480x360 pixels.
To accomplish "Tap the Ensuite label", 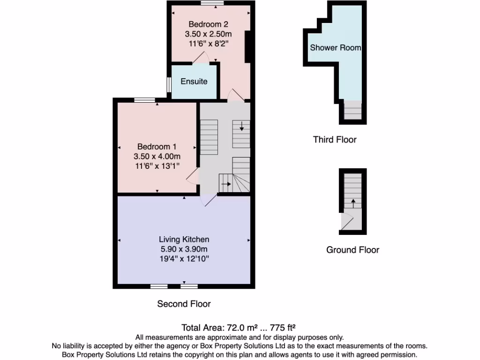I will point(194,82).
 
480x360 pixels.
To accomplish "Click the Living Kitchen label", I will point(184,240).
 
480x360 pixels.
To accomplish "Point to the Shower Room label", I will point(335,48).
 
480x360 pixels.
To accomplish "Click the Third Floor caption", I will point(335,140).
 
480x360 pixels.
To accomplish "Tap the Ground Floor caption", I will point(352,250).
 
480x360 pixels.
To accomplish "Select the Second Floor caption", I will point(184,304).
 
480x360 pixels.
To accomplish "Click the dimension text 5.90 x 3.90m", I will point(184,249).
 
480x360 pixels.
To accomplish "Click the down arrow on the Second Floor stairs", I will point(241,126).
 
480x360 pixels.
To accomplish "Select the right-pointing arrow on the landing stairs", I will point(225,184).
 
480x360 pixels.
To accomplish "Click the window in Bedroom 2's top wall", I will point(212,3).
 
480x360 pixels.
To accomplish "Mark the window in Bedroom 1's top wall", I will point(144,100).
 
